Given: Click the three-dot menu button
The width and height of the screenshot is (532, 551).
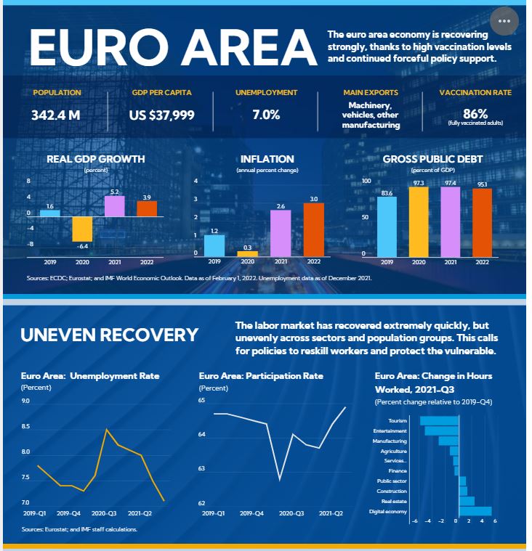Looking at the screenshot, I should tap(504, 21).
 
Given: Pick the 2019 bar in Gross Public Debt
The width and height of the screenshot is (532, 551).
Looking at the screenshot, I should tap(387, 226).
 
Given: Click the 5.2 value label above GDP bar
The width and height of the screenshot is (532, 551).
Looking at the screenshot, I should tap(114, 192).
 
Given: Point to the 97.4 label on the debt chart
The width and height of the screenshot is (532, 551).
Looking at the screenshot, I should tap(451, 183).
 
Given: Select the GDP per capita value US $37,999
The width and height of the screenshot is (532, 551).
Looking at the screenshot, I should tap(161, 115).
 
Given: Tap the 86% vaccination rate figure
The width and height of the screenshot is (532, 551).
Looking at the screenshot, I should tap(475, 113).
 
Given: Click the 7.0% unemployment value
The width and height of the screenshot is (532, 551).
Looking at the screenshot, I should tap(266, 115).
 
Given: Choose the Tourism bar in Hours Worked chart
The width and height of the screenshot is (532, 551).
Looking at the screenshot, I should tap(439, 420).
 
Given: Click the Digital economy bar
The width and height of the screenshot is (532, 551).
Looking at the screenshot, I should tap(475, 511).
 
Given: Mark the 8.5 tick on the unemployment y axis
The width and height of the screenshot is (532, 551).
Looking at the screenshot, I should tap(25, 427).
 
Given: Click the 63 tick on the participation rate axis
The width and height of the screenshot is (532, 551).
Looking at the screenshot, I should tap(203, 469).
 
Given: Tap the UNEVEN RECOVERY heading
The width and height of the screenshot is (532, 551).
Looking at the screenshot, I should tap(109, 335).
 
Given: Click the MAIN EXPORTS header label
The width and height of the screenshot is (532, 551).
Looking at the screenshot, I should tap(371, 93).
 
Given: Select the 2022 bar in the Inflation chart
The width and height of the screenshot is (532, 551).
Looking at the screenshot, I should tap(313, 229).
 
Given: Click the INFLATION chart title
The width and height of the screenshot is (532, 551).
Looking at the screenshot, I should tap(267, 159).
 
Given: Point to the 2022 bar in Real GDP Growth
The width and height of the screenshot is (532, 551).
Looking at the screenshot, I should tap(147, 208).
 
